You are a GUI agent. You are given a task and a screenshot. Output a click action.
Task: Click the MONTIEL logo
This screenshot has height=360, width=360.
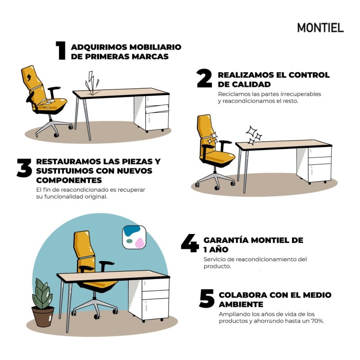pyautogui.click(x=320, y=28)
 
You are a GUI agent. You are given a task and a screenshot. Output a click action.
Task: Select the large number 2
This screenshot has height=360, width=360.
pyautogui.click(x=204, y=79)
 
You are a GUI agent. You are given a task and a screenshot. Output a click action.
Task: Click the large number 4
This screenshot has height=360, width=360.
pyautogui.click(x=189, y=244)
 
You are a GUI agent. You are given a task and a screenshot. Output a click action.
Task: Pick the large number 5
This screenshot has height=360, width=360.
pyautogui.click(x=207, y=299)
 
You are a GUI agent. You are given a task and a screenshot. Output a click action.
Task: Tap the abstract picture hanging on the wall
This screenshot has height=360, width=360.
pyautogui.click(x=134, y=237)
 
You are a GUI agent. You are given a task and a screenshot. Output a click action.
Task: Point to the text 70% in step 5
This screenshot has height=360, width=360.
pyautogui.click(x=317, y=321)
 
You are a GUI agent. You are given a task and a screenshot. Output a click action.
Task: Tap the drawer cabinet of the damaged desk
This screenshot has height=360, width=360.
pyautogui.click(x=157, y=112)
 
